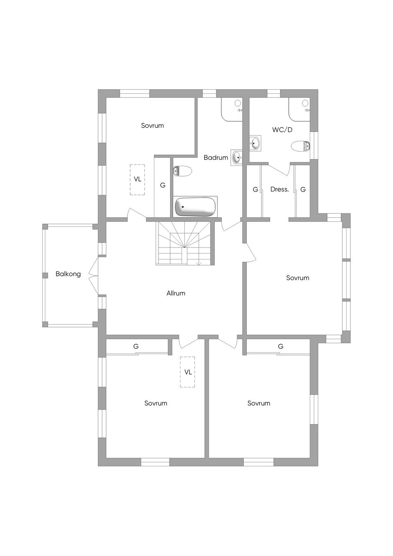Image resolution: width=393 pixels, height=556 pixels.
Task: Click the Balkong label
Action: (68, 274)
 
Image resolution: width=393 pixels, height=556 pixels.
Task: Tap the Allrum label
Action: (176, 293)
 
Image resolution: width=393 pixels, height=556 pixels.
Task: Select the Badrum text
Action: (216, 157)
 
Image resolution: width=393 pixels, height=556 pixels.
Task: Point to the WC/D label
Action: (282, 130)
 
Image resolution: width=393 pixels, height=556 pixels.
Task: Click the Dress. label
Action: (279, 189)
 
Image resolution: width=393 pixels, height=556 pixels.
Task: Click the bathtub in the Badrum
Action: (195, 207)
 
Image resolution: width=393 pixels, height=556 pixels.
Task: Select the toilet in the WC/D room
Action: (301, 146)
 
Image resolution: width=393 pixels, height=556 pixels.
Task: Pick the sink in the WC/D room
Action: (255, 144)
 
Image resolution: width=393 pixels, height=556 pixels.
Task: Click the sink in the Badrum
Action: (237, 157)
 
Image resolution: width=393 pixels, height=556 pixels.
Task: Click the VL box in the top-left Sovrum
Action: (137, 180)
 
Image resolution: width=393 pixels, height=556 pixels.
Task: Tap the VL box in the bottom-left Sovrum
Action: (188, 372)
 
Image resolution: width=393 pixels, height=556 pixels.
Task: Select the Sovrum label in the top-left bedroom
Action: (152, 125)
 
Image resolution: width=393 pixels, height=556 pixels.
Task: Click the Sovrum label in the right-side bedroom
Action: (297, 278)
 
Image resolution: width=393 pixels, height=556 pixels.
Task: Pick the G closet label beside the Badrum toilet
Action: (163, 185)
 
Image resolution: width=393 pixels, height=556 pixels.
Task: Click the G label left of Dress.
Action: (255, 189)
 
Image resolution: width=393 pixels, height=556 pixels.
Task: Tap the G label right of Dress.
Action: (303, 189)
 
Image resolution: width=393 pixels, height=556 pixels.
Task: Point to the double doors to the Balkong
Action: (93, 275)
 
